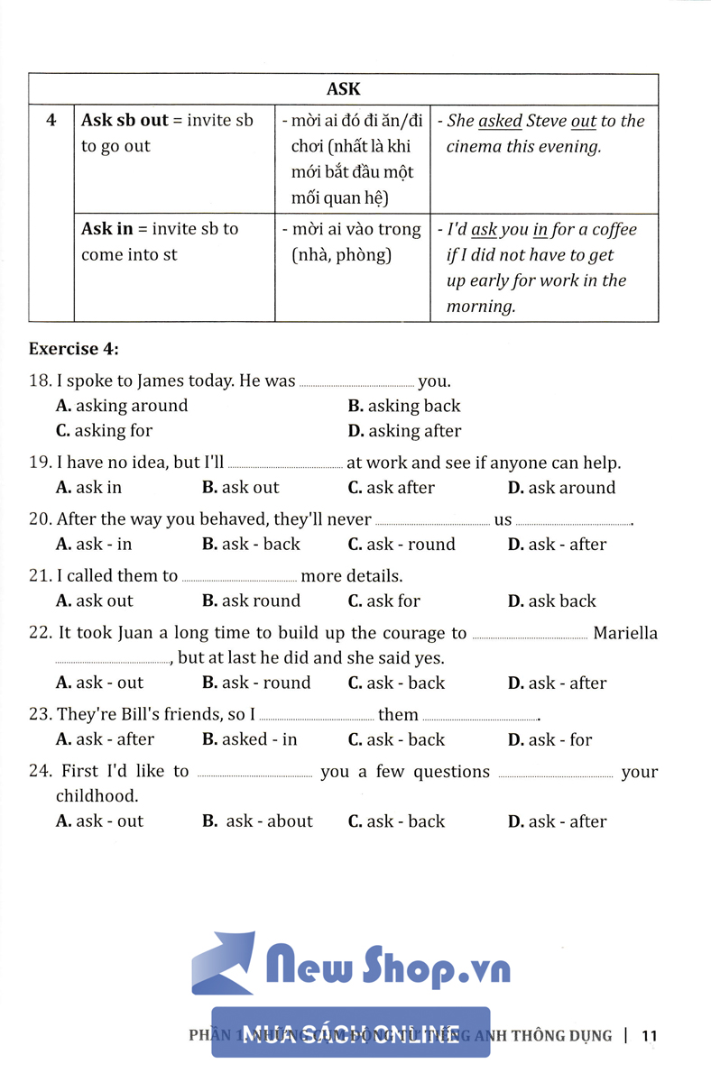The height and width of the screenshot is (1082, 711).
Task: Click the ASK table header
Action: pos(343,88)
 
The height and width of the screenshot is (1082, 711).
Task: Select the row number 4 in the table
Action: pos(51,120)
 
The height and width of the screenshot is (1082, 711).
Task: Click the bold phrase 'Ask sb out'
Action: pos(125,120)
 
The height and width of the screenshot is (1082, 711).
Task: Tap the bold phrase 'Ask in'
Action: pos(106,229)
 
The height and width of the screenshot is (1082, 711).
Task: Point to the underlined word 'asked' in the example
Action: pos(500,121)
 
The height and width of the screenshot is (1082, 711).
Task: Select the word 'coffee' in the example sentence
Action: pos(614,230)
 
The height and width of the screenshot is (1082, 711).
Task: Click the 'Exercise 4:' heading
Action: pos(74,348)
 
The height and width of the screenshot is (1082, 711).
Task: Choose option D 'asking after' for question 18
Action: pos(404,431)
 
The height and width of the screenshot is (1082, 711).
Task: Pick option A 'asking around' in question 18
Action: pos(122,406)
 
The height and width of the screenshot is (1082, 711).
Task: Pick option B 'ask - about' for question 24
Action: pos(258,821)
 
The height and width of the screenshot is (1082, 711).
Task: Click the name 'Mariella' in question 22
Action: pos(625,634)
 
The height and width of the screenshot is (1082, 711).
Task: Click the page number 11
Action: pos(649,1036)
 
